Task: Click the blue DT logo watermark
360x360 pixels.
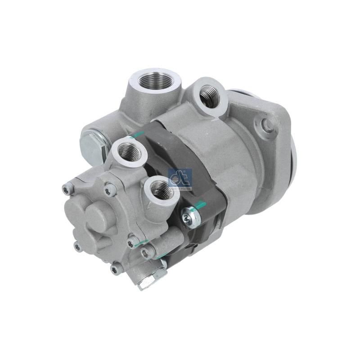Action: coord(180,179)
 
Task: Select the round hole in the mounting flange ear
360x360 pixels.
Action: coord(263,123)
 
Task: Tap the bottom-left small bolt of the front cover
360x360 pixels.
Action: coord(78,247)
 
